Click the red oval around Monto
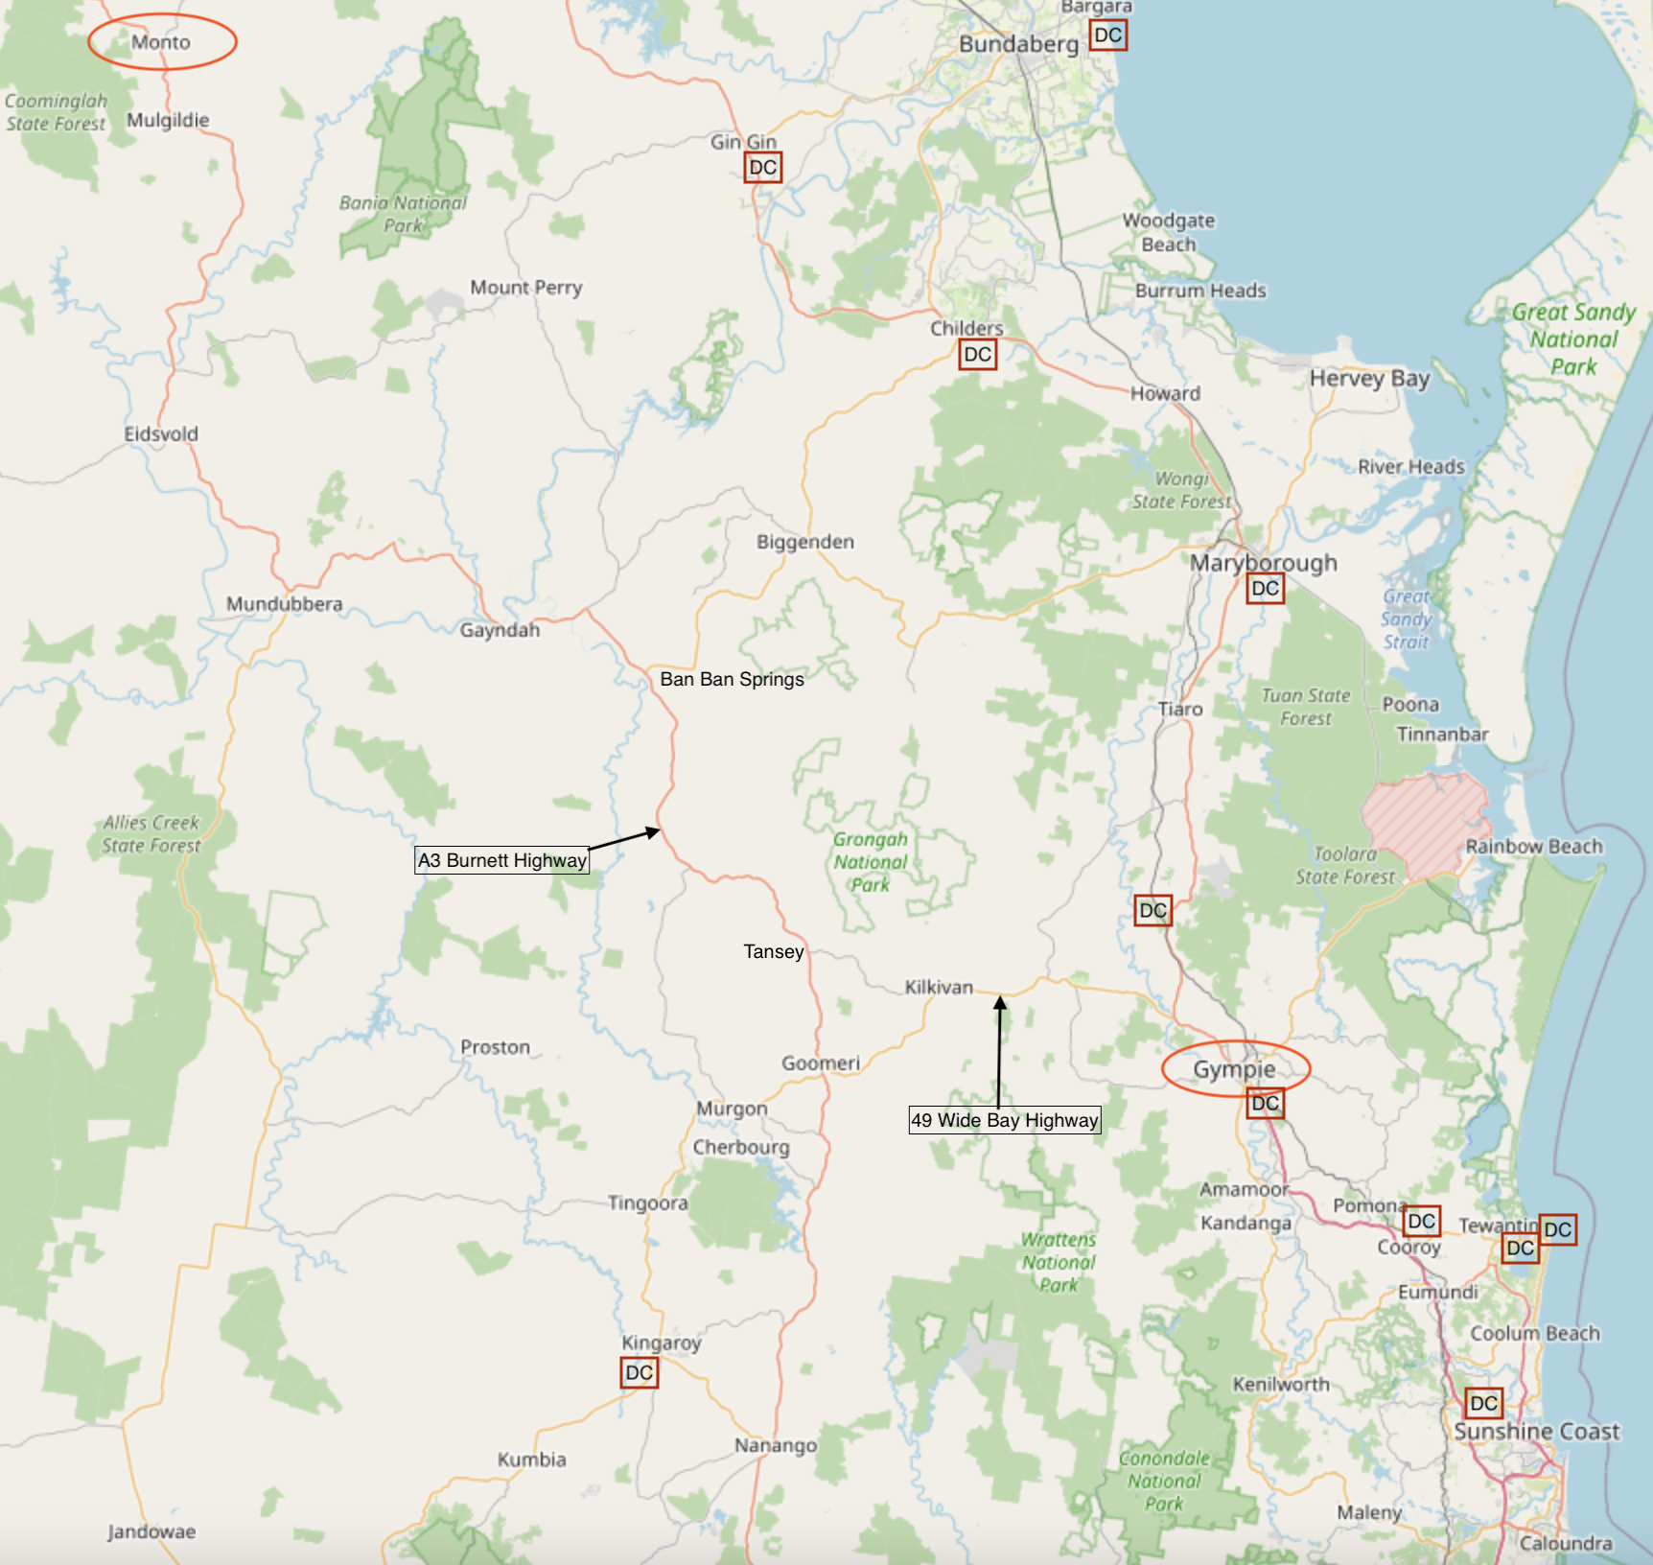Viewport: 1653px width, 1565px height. pyautogui.click(x=162, y=42)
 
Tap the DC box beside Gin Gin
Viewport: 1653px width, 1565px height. pyautogui.click(x=763, y=168)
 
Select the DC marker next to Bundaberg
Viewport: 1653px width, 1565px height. pyautogui.click(x=1107, y=35)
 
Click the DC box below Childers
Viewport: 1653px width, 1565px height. pyautogui.click(x=978, y=355)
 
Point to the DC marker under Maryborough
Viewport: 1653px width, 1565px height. pyautogui.click(x=1266, y=588)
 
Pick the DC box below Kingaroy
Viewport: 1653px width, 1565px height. pyautogui.click(x=640, y=1372)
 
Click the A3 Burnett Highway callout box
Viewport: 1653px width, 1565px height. pyautogui.click(x=502, y=860)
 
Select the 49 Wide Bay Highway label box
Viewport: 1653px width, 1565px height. pyautogui.click(x=1005, y=1120)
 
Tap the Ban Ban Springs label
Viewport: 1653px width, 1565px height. pyautogui.click(x=733, y=679)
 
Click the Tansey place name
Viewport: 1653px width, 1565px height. pyautogui.click(x=774, y=951)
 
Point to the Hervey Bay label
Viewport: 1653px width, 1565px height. pyautogui.click(x=1369, y=379)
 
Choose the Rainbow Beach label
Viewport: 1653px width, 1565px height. pyautogui.click(x=1534, y=846)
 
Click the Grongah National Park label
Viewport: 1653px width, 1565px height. pyautogui.click(x=870, y=861)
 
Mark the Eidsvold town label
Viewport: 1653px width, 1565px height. pyautogui.click(x=161, y=433)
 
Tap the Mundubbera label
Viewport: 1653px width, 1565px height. pyautogui.click(x=284, y=604)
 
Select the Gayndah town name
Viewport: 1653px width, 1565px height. pyautogui.click(x=500, y=630)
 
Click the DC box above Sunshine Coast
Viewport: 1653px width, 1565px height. pyautogui.click(x=1483, y=1404)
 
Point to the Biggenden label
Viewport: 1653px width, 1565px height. pyautogui.click(x=805, y=542)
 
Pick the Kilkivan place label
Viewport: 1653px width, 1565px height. pyautogui.click(x=939, y=987)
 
